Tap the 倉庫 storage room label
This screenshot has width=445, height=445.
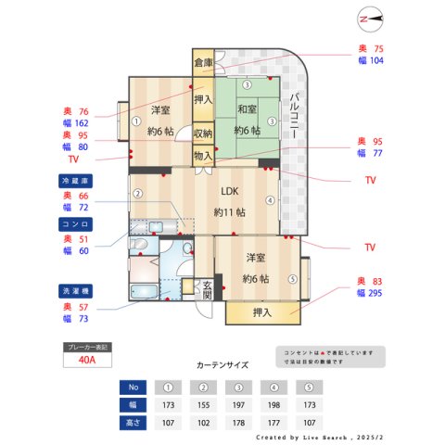click(x=203, y=63)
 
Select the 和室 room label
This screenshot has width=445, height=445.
click(x=246, y=109)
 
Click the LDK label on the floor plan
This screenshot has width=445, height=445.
click(x=229, y=192)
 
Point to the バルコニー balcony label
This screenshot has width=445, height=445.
click(x=292, y=116)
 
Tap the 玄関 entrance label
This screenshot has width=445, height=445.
click(x=207, y=289)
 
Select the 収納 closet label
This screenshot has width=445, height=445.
click(x=203, y=133)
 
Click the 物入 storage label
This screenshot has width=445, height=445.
click(x=203, y=156)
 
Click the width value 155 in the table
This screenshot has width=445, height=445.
click(x=203, y=406)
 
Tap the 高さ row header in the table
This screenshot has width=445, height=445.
click(x=133, y=423)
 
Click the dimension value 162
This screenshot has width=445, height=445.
click(x=81, y=122)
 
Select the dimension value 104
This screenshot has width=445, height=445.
click(x=376, y=60)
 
